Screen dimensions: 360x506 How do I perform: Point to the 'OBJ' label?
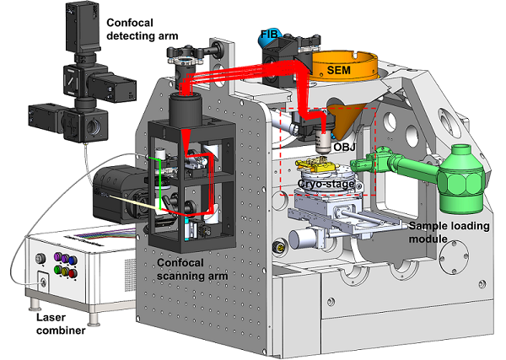[x=344, y=149]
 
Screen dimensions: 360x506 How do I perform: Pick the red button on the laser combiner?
[x=72, y=274]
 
